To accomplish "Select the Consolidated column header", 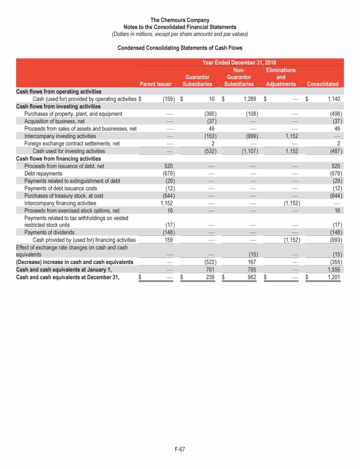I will pos(322,84).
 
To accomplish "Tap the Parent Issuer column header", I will pos(156,84).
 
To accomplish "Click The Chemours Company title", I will pos(180,20).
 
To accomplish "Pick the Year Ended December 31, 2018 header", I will pos(239,62).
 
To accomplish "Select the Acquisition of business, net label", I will pos(54,121).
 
